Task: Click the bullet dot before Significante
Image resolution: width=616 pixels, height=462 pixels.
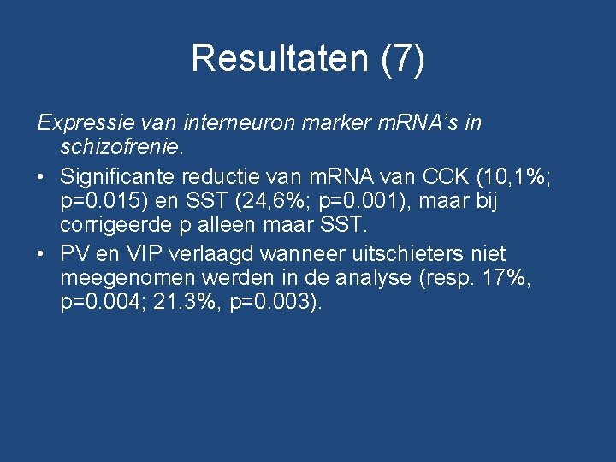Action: (x=43, y=178)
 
